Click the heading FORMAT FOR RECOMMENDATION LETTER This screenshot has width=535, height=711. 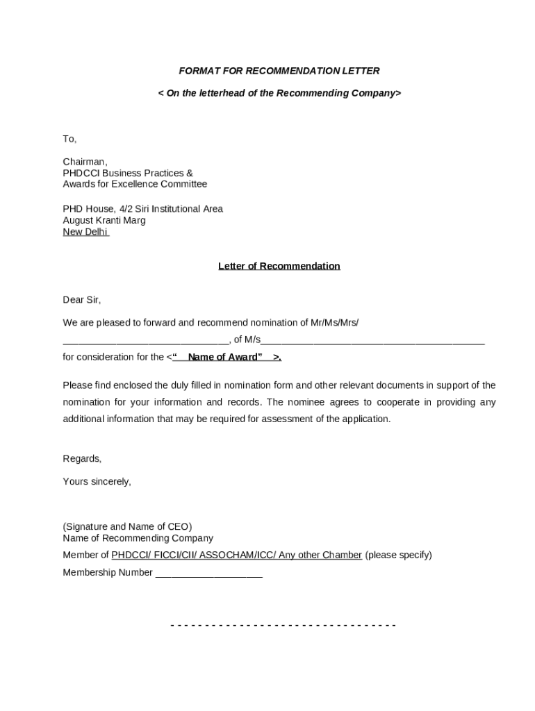point(279,71)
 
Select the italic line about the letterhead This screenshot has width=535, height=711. point(279,93)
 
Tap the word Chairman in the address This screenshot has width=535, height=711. point(85,162)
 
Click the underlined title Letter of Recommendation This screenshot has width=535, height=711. point(279,266)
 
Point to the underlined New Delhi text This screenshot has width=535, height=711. point(85,232)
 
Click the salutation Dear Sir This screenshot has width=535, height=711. point(82,300)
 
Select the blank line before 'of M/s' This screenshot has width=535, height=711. point(146,341)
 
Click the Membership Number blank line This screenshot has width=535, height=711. point(208,574)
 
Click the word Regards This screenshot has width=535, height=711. point(82,459)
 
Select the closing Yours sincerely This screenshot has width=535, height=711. point(97,481)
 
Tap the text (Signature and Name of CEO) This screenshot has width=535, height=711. point(127,527)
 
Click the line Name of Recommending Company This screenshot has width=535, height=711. point(138,538)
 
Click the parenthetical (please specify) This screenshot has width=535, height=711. point(398,555)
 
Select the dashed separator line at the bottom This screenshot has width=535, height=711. point(283,626)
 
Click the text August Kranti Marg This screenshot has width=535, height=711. point(104,220)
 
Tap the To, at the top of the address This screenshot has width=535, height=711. point(69,140)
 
